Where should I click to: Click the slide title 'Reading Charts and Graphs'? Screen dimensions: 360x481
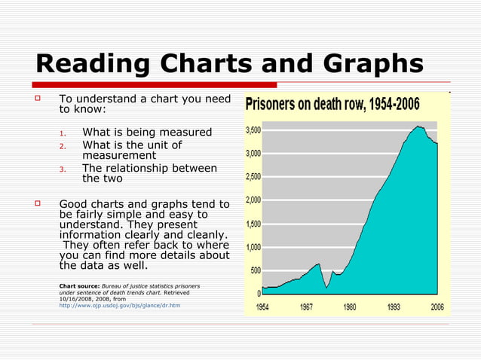[229, 63]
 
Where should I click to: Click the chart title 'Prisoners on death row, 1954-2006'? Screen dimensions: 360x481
[344, 104]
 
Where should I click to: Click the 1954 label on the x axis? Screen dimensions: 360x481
[263, 307]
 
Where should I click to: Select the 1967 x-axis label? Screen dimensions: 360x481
[307, 307]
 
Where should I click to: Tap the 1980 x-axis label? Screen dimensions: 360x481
[350, 307]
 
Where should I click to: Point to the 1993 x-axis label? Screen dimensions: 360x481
[394, 307]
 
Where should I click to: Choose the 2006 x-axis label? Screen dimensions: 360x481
[437, 307]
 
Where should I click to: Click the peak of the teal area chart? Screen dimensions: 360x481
[418, 127]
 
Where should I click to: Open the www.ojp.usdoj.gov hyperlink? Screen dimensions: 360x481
[119, 306]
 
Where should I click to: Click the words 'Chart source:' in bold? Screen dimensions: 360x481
[79, 286]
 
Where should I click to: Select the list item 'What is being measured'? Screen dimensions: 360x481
[147, 133]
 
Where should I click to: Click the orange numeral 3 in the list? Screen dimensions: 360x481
[64, 168]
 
